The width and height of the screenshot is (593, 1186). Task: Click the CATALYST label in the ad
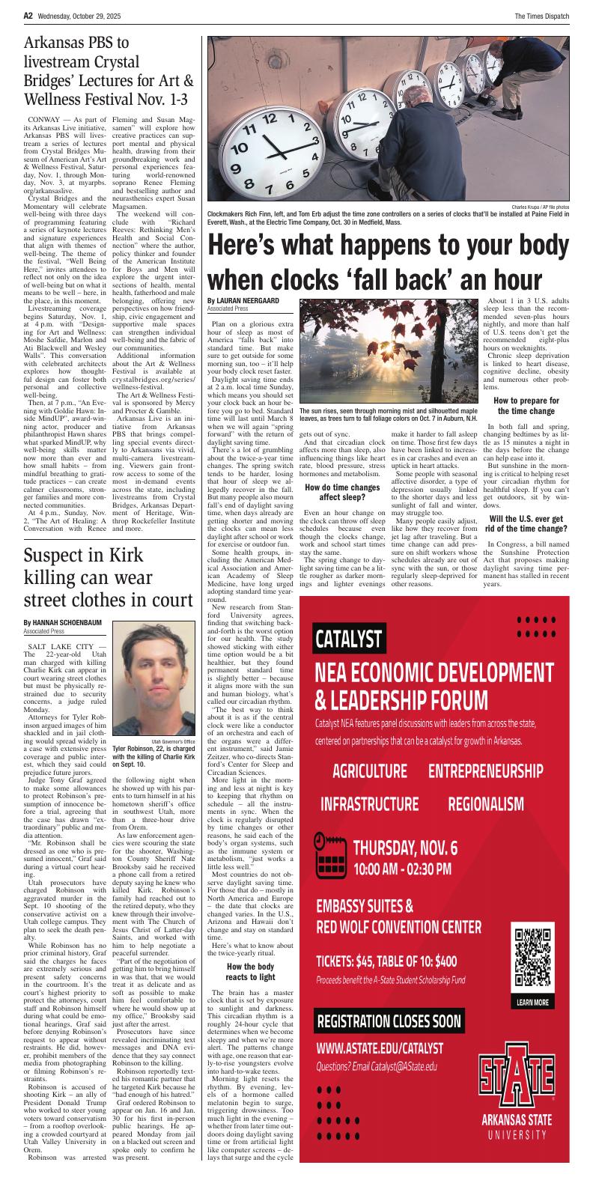point(350,639)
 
